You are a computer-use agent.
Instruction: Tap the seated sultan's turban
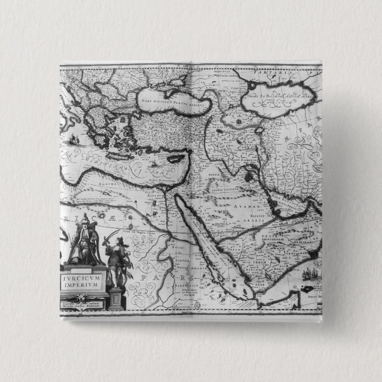(85, 219)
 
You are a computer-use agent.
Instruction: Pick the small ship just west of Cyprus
(152, 160)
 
